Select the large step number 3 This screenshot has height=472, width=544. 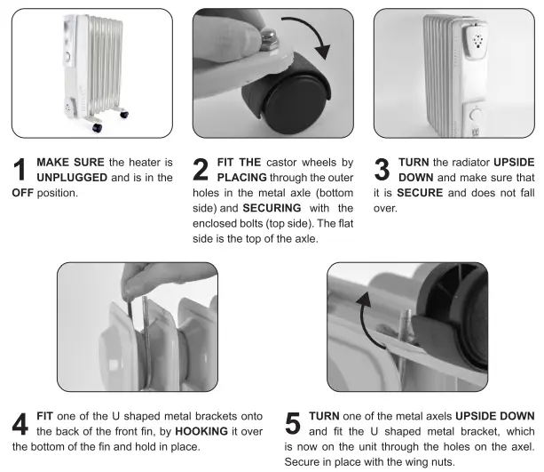pyautogui.click(x=382, y=170)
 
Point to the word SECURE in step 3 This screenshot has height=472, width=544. pyautogui.click(x=422, y=191)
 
